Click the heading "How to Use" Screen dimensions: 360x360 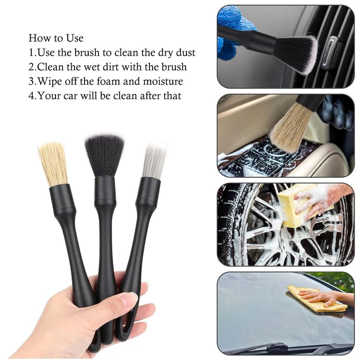tap(56, 38)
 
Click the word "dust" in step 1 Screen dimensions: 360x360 tap(184, 53)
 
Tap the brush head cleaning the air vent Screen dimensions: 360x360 tap(295, 52)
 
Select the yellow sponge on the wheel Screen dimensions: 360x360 tap(292, 205)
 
